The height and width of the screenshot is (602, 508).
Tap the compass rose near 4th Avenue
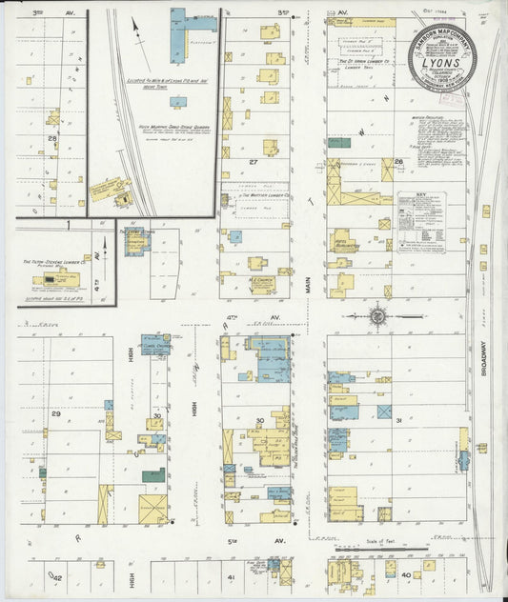pyautogui.click(x=379, y=314)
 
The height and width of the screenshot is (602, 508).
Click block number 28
pyautogui.click(x=53, y=139)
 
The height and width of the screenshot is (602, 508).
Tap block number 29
pyautogui.click(x=55, y=413)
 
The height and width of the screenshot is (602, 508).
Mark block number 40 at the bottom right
pyautogui.click(x=406, y=575)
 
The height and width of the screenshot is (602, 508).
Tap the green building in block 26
pyautogui.click(x=338, y=143)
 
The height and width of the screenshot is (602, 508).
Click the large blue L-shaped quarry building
pyautogui.click(x=178, y=36)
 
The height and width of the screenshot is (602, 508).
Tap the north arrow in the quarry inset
pyautogui.click(x=136, y=38)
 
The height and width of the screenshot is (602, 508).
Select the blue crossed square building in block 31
pyautogui.click(x=384, y=411)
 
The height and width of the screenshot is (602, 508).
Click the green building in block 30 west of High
pyautogui.click(x=152, y=474)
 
